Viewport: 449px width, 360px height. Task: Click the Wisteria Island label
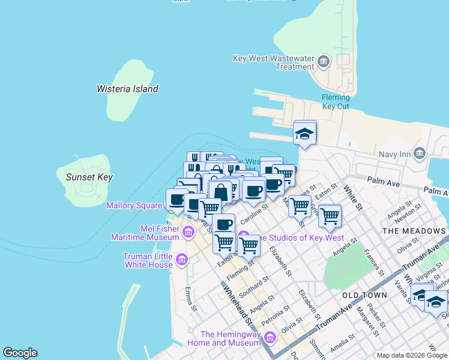127,89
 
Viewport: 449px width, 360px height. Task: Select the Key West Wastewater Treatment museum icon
324,61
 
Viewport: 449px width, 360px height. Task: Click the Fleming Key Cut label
336,102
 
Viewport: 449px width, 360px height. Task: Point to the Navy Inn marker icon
420,152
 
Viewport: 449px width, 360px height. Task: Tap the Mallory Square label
134,205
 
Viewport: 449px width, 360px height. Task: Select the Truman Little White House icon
182,260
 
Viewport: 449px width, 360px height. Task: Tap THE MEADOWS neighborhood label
414,231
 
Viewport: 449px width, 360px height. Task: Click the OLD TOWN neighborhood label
364,296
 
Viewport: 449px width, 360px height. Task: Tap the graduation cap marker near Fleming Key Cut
305,133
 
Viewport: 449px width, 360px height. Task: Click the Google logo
20,353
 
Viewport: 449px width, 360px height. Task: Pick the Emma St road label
191,299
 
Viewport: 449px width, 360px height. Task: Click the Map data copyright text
412,355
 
